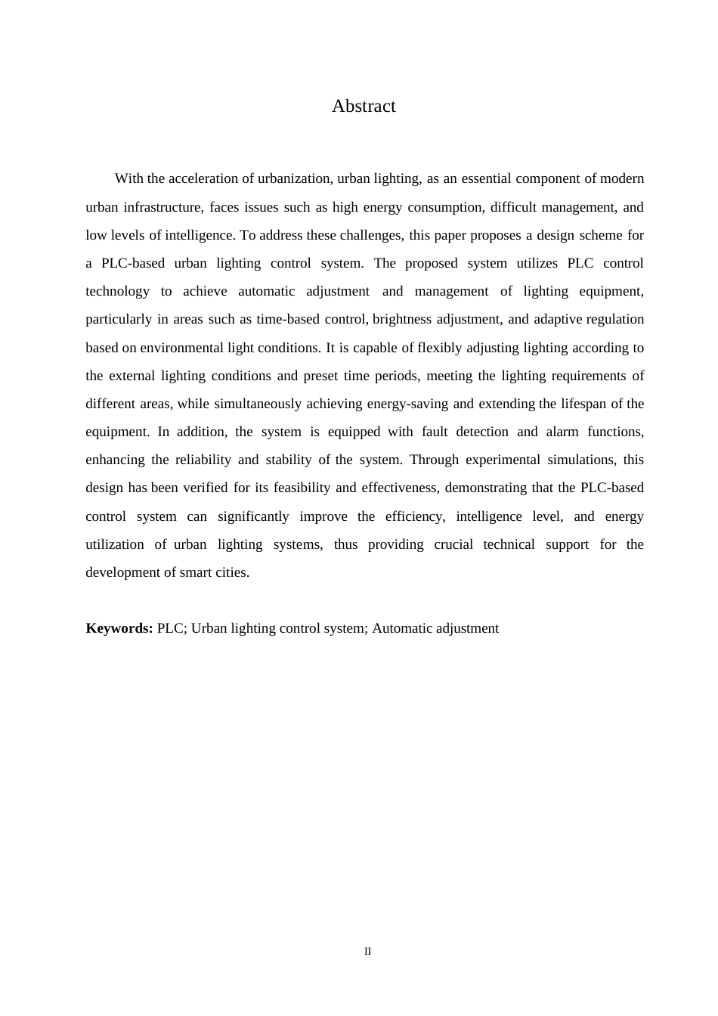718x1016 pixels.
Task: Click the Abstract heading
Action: point(364,107)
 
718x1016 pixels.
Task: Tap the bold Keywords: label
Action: point(119,629)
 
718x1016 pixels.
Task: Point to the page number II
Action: point(368,952)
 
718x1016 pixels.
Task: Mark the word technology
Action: point(117,292)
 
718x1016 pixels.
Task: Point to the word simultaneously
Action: point(258,404)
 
